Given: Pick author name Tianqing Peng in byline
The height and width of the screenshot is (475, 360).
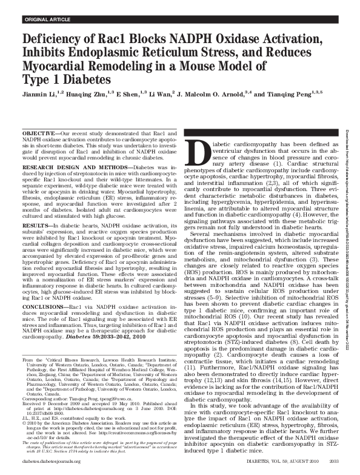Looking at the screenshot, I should pos(282,95).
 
